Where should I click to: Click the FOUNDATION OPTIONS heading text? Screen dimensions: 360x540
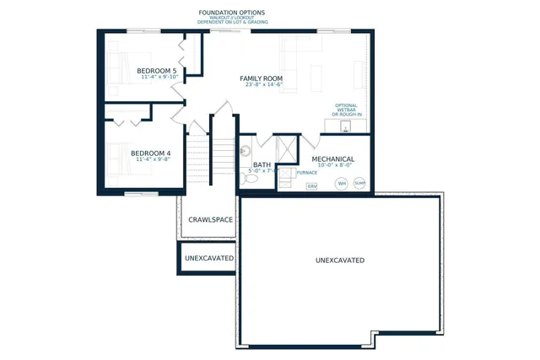[x=231, y=13]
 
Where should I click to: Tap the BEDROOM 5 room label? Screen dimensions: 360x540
[x=157, y=71]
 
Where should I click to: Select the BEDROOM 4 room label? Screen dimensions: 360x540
[x=152, y=153]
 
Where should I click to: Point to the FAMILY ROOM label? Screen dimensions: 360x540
[x=261, y=78]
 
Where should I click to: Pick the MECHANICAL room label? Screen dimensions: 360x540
[x=332, y=159]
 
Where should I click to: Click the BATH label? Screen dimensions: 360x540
[x=262, y=165]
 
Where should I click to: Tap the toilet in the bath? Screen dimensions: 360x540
[x=251, y=178]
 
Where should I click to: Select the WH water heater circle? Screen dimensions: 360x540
[x=342, y=183]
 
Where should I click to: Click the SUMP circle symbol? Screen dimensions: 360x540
[x=360, y=182]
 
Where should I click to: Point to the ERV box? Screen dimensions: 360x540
[x=311, y=185]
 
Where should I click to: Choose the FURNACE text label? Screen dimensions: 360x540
[x=306, y=172]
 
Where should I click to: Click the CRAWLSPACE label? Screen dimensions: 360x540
[x=210, y=219]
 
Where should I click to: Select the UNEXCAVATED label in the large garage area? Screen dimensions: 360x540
[x=340, y=261]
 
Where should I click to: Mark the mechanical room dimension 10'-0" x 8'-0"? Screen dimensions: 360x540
[x=332, y=166]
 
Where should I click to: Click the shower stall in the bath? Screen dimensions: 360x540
[x=285, y=149]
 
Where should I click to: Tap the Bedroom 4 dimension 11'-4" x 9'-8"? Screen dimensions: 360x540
[x=152, y=160]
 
